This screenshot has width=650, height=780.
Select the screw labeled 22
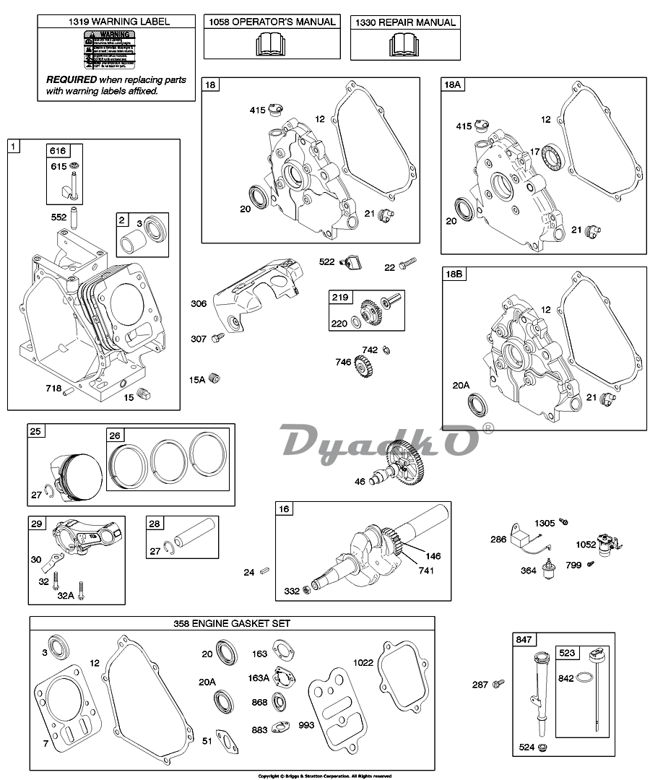tap(410, 266)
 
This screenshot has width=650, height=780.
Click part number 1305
tap(545, 523)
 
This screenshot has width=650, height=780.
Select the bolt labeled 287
tap(497, 683)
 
